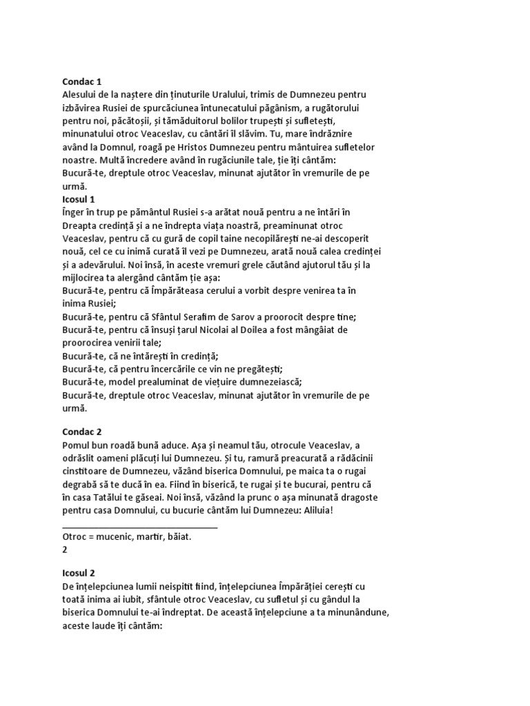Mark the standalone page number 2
(x=65, y=550)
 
